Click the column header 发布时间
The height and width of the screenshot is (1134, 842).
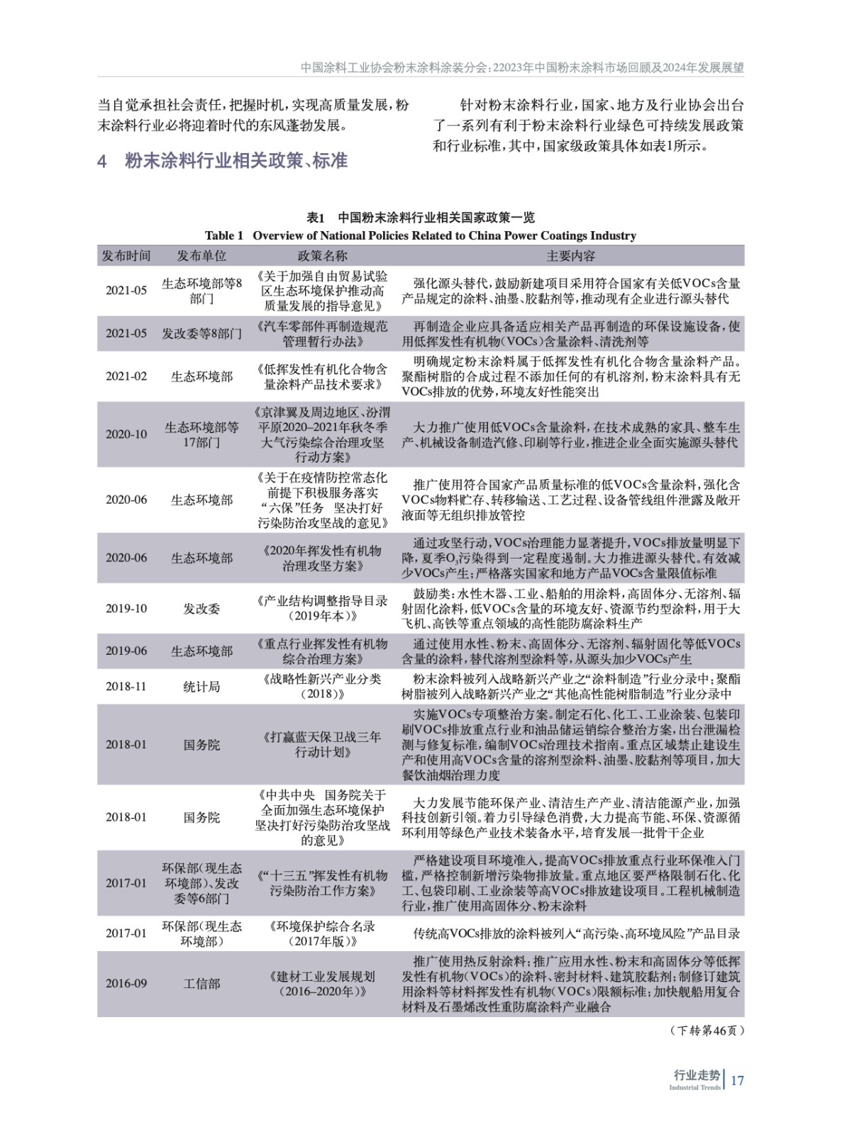click(x=126, y=256)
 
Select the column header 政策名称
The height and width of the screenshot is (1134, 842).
click(x=322, y=256)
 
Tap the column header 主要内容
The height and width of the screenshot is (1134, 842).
click(x=571, y=256)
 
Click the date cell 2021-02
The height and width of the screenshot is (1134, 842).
click(x=126, y=376)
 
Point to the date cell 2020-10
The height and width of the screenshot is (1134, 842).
click(x=126, y=434)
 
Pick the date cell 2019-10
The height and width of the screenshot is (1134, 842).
click(x=126, y=609)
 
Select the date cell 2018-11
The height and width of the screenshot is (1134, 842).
click(x=126, y=686)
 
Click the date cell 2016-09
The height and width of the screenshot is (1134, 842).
click(x=126, y=984)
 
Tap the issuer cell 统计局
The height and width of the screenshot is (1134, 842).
click(x=202, y=686)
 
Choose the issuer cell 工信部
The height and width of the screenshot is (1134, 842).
click(x=202, y=984)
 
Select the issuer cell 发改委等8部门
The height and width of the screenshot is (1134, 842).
click(x=202, y=333)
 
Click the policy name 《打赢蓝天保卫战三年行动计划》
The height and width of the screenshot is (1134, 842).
click(x=322, y=744)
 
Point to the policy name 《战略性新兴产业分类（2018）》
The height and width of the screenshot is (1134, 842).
click(x=322, y=686)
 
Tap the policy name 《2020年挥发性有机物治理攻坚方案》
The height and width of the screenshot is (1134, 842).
click(x=322, y=558)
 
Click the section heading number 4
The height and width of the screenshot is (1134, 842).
click(x=102, y=162)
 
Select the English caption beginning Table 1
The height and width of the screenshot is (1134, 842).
click(x=421, y=235)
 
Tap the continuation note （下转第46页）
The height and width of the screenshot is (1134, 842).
click(x=707, y=1031)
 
